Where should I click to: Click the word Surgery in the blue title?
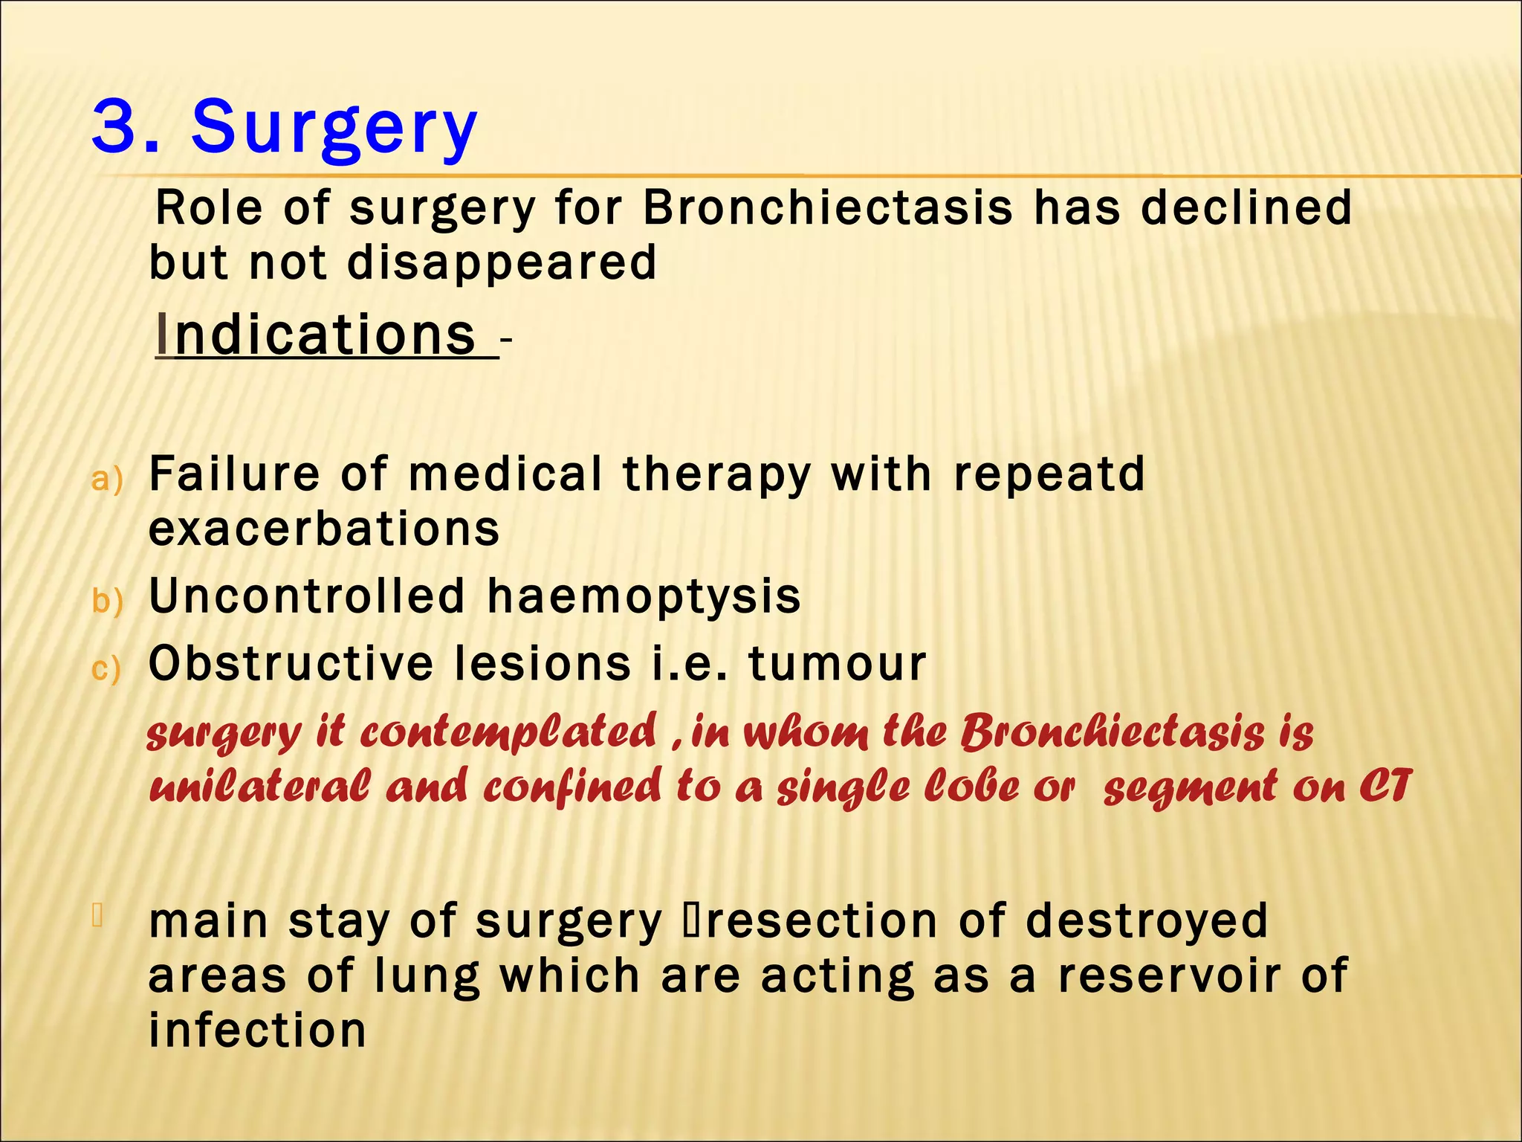334,128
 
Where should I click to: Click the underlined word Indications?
317,335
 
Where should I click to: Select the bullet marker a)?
106,480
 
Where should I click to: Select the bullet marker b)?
106,601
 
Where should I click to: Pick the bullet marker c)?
105,668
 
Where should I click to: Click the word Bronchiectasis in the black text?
827,207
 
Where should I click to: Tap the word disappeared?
502,262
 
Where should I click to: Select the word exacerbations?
324,529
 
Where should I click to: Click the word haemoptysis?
644,597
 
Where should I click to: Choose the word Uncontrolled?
307,596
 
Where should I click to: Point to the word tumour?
837,663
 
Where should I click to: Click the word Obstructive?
291,663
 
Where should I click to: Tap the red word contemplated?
508,732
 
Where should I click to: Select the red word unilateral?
258,787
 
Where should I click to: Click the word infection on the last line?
257,1031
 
